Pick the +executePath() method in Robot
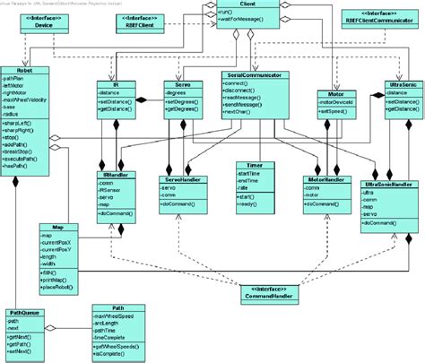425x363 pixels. point(28,160)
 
